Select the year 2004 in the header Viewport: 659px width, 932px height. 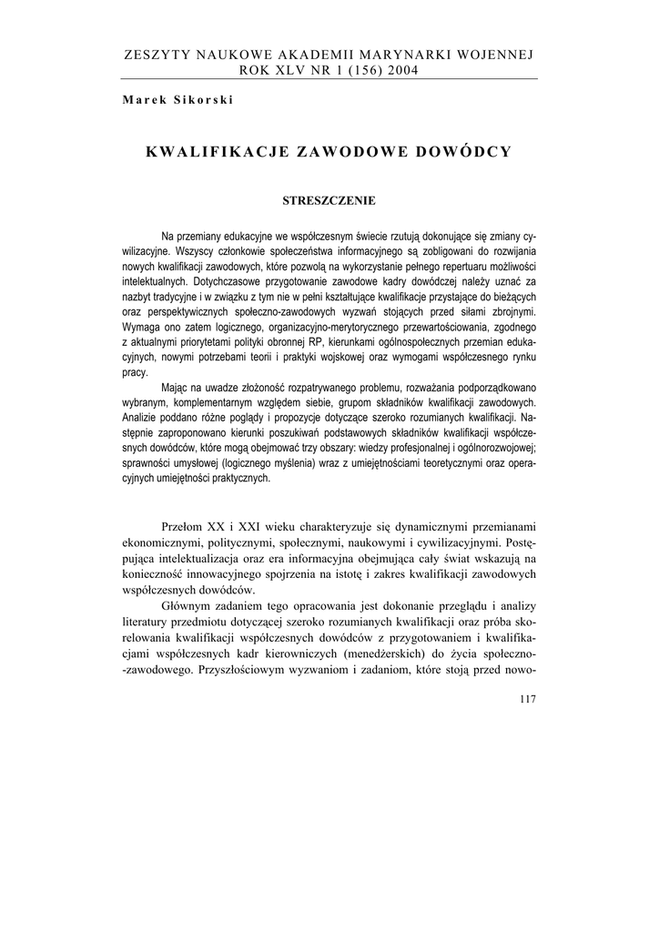400,70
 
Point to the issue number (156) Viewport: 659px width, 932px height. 357,70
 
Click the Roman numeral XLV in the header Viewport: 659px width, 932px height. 290,70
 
